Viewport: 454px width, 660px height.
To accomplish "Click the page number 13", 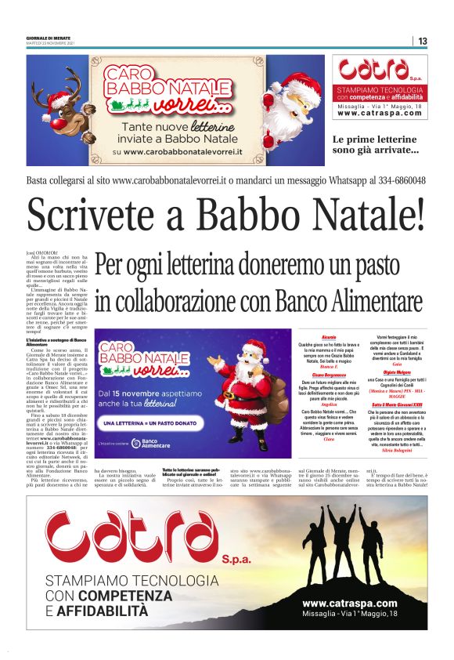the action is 422,41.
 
